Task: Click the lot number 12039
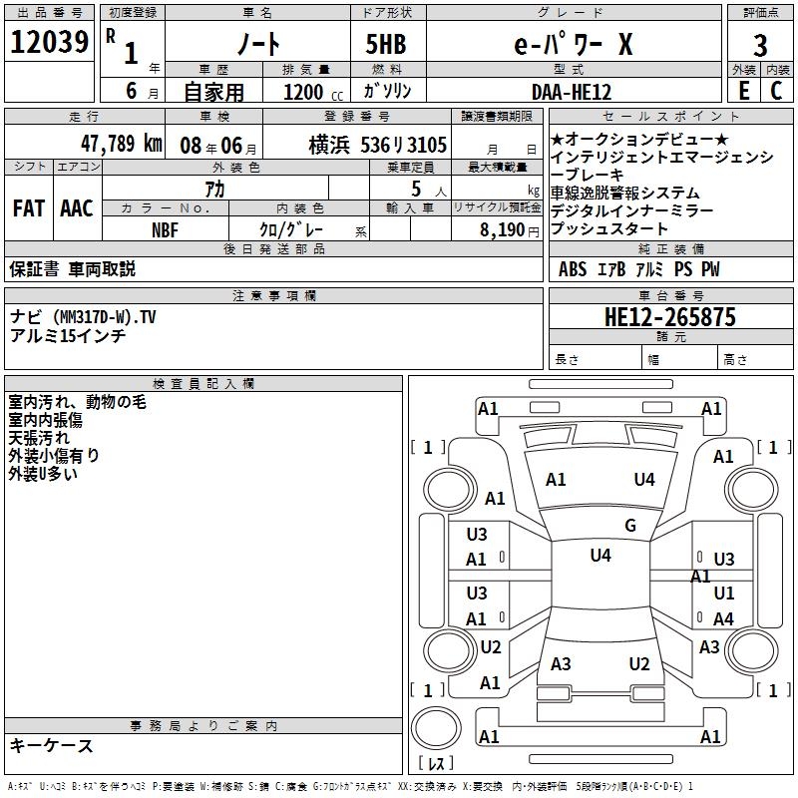coord(49,42)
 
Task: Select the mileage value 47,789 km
coord(122,144)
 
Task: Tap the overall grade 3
coord(760,46)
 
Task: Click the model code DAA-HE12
coord(571,92)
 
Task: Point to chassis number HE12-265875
coord(669,317)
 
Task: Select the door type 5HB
coord(386,44)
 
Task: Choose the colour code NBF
coord(165,230)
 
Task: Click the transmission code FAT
coord(29,208)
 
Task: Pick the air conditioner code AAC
coord(77,208)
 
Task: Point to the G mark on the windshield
coord(630,525)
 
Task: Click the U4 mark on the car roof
coord(600,555)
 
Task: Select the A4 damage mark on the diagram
coord(723,618)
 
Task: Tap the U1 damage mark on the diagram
coord(724,593)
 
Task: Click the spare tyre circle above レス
coord(436,728)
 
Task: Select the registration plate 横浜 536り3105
coord(378,145)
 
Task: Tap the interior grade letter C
coord(776,91)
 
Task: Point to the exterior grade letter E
coord(744,91)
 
